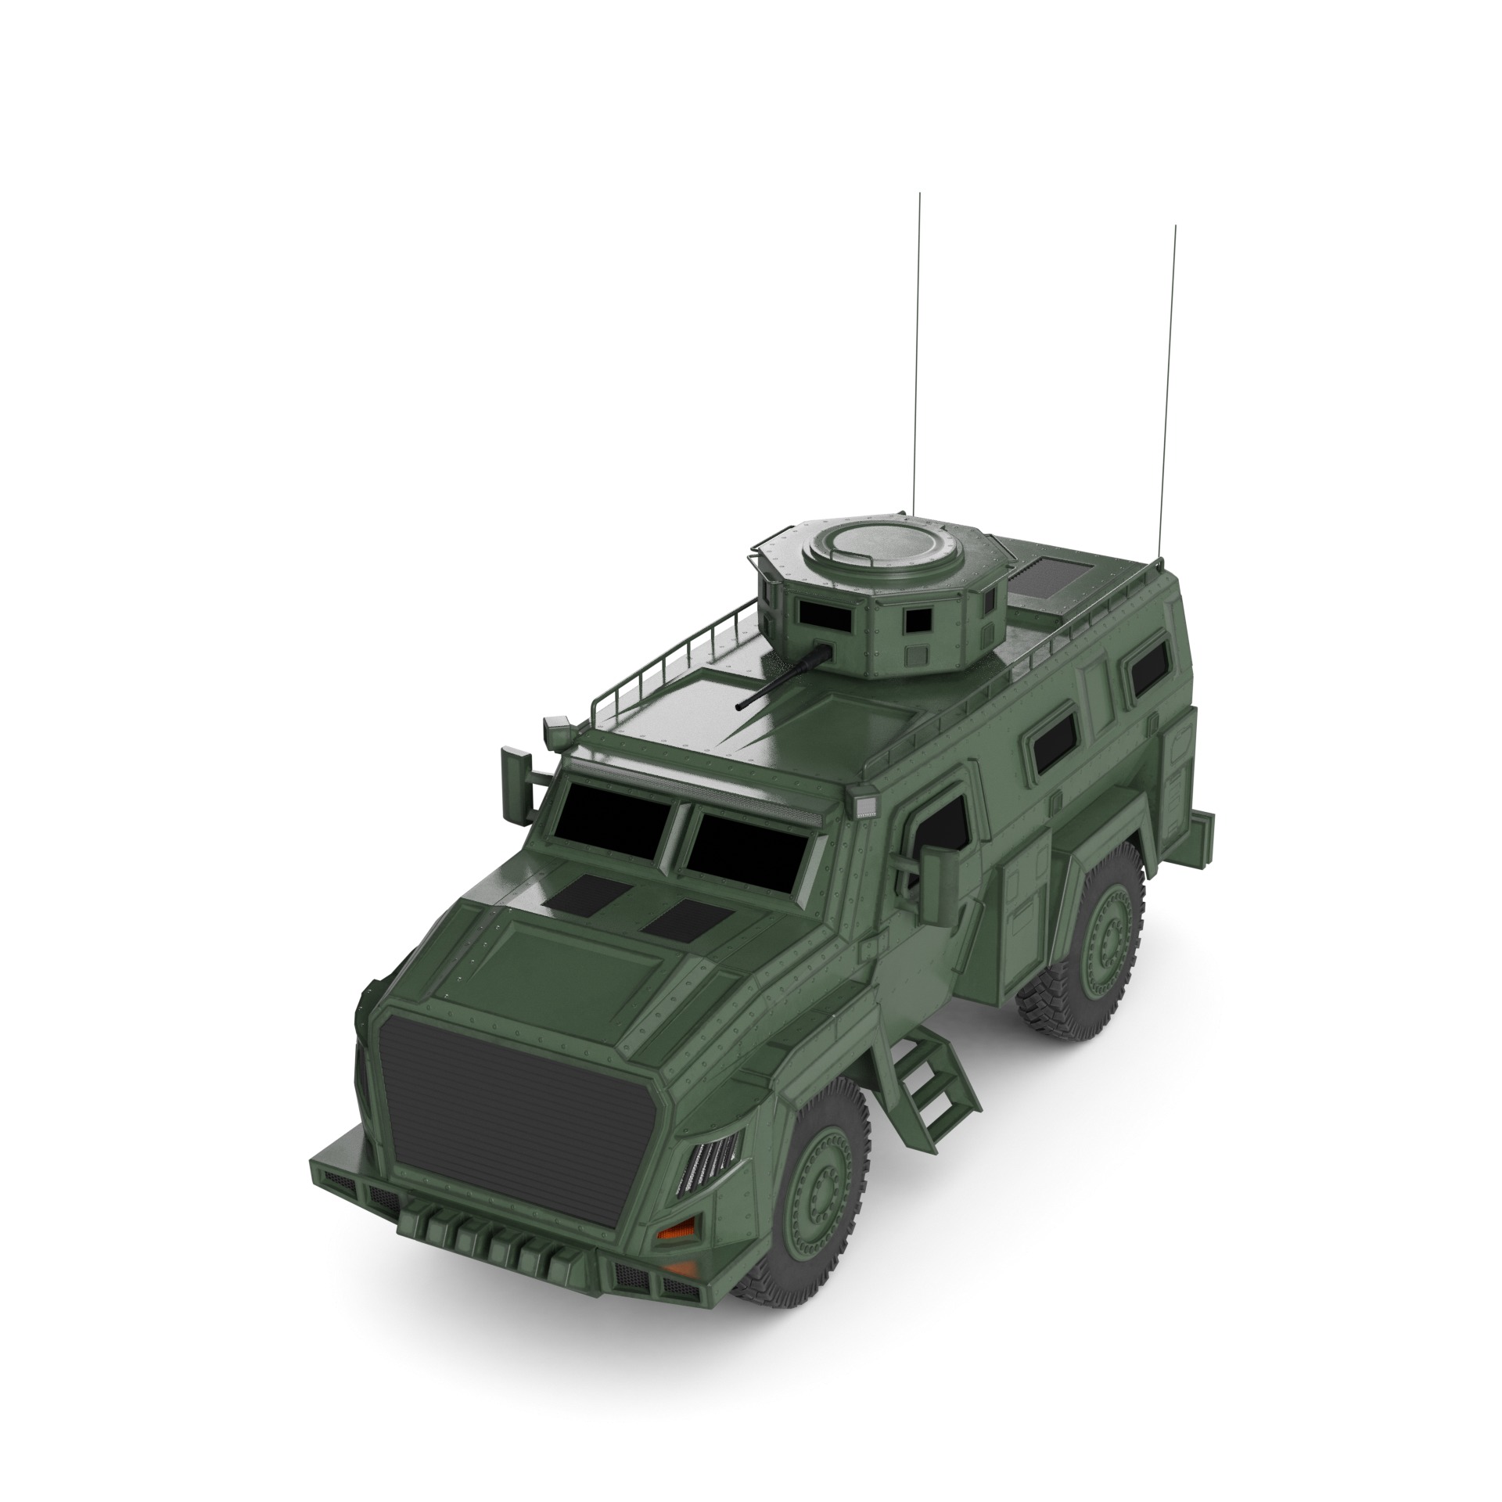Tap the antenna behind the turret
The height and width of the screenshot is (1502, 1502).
(x=917, y=352)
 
